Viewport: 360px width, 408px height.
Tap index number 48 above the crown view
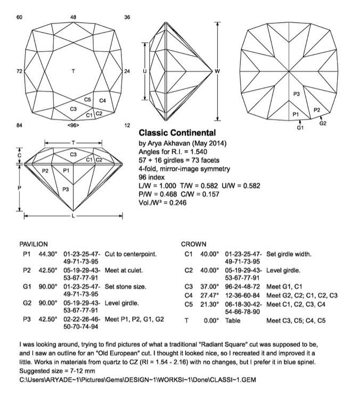(x=73, y=18)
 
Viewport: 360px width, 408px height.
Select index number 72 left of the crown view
(x=19, y=71)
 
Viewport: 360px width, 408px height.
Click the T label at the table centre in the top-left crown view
(x=73, y=71)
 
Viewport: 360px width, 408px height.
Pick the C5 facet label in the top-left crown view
(x=88, y=100)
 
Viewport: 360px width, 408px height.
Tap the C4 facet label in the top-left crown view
(x=103, y=100)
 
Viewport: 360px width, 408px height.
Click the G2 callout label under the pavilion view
(x=322, y=124)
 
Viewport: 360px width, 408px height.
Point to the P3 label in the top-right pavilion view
(x=297, y=94)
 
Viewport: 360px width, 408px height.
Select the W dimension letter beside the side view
(x=217, y=71)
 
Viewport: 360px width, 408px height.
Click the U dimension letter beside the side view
(x=144, y=71)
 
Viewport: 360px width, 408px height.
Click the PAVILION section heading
(x=34, y=243)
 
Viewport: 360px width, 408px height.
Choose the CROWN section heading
(x=194, y=243)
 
